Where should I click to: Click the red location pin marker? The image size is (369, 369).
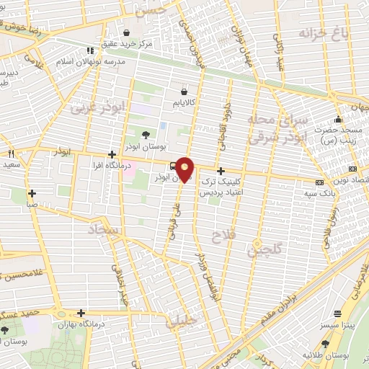(186, 169)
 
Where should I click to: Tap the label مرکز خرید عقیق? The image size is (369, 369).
(126, 44)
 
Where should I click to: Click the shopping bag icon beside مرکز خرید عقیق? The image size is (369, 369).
(126, 32)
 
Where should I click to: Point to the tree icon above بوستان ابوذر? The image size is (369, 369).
(146, 134)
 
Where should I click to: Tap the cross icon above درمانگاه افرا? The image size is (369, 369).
(111, 154)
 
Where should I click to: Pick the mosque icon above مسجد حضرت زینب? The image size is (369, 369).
(338, 120)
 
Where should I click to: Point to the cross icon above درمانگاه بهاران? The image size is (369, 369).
(81, 314)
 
